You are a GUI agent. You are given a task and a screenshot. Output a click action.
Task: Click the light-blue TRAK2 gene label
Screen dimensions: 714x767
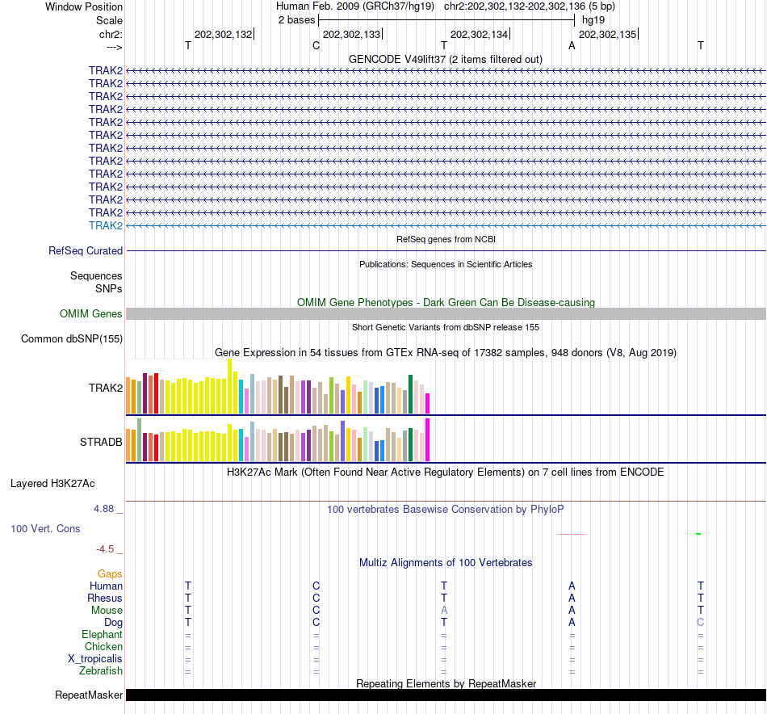[x=106, y=225]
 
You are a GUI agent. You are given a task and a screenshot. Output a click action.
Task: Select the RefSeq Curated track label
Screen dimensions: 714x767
[x=86, y=251]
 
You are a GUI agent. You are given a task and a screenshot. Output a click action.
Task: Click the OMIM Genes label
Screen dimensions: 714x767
[x=91, y=314]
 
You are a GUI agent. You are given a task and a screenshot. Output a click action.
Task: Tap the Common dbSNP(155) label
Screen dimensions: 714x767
[x=72, y=339]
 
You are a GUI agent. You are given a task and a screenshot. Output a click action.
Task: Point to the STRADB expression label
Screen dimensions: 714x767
[x=101, y=443]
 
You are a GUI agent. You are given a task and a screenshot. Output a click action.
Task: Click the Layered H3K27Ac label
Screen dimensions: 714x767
[x=52, y=484]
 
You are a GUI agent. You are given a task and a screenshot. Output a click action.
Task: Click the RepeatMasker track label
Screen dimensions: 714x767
[x=89, y=695]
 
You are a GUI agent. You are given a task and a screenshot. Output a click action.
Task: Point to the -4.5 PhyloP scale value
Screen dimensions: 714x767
[x=106, y=549]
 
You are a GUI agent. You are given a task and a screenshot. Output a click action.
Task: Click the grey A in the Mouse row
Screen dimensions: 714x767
[x=444, y=611]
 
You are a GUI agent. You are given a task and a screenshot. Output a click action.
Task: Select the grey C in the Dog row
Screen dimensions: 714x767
[x=701, y=623]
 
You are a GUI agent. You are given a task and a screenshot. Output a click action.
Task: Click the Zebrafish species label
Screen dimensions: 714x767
[x=101, y=671]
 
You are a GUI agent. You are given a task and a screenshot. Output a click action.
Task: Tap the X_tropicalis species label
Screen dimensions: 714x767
[x=95, y=659]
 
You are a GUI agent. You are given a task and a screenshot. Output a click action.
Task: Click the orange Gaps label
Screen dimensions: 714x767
[x=110, y=574]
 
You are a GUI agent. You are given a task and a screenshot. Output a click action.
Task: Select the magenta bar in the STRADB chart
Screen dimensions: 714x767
[x=428, y=439]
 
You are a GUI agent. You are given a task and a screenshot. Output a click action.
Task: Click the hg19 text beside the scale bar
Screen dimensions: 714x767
[x=593, y=19]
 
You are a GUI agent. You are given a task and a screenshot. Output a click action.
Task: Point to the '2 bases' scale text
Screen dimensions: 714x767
[x=296, y=19]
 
